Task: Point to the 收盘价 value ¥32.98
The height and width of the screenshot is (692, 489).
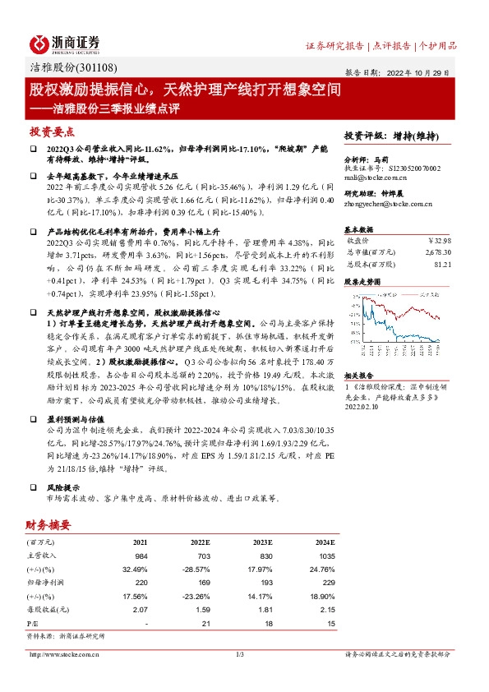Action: click(440, 241)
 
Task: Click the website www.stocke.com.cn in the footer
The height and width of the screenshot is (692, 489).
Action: click(65, 654)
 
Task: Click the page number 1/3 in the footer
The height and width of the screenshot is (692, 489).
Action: click(241, 654)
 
